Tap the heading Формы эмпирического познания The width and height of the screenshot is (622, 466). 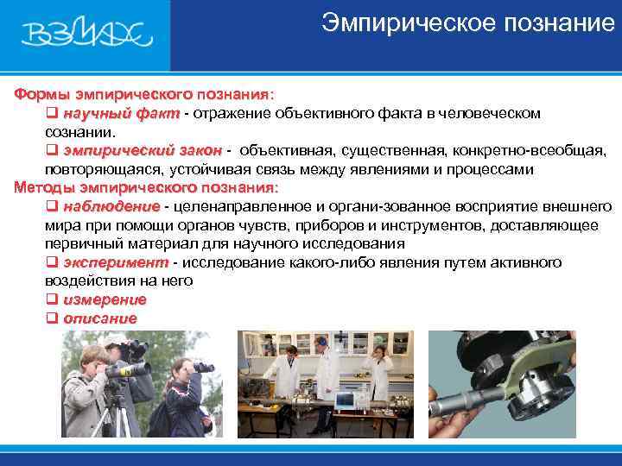pos(143,93)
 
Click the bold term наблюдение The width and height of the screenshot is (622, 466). pos(111,206)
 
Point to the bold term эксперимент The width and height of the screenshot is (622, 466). pos(116,262)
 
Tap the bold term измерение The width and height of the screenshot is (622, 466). pos(105,299)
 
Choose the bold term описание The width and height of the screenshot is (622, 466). pos(100,318)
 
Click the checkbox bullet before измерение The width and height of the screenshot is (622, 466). pos(51,299)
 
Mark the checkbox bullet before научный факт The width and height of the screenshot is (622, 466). pos(51,113)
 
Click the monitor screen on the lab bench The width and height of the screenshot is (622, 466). pos(345,400)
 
